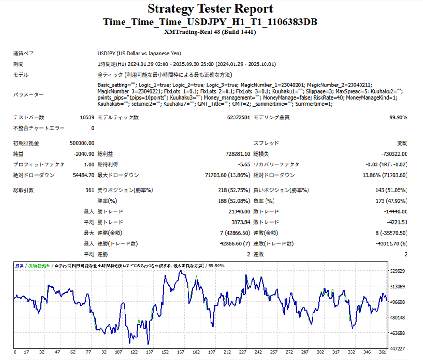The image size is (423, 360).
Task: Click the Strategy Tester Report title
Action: click(x=210, y=8)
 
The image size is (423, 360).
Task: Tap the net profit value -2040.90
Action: click(x=84, y=154)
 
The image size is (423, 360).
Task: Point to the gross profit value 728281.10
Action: click(x=233, y=154)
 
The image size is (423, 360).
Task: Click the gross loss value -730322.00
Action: click(x=394, y=154)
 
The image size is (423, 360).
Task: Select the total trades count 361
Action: click(x=89, y=190)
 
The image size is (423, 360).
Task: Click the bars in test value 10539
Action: click(x=86, y=117)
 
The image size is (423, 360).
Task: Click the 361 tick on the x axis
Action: click(x=382, y=352)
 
